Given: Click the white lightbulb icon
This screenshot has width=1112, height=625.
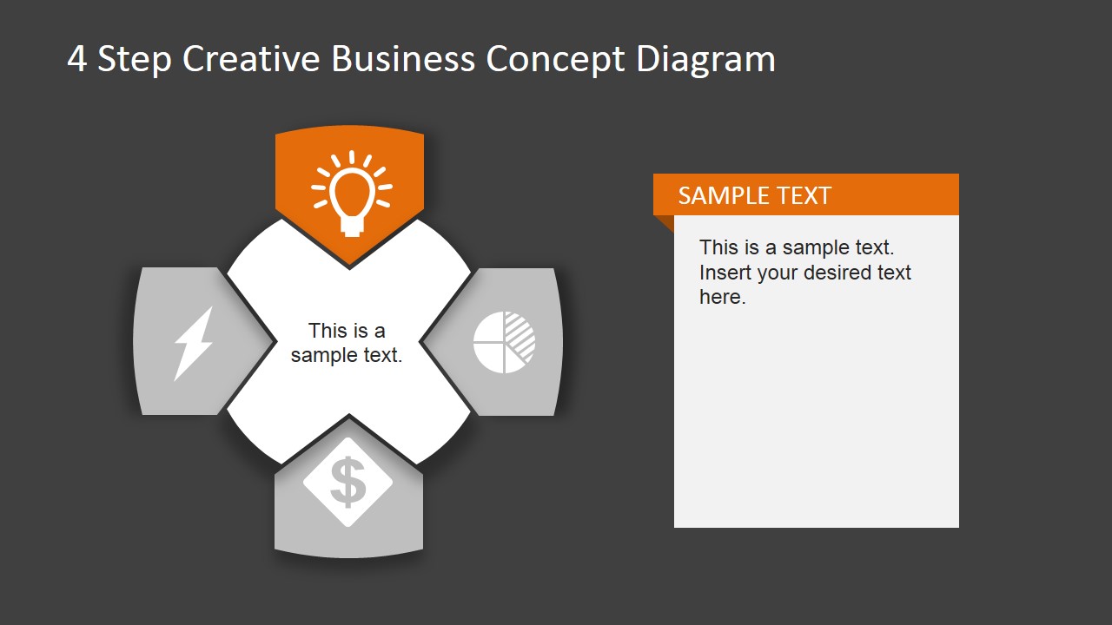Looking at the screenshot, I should click(x=351, y=193).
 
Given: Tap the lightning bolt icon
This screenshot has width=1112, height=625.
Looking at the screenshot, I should click(x=193, y=343).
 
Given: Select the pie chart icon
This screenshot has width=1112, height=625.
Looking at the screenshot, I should click(x=504, y=342).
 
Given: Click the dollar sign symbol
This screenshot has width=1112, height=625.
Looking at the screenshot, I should click(x=347, y=483).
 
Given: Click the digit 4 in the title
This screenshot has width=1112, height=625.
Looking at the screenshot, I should click(x=76, y=60).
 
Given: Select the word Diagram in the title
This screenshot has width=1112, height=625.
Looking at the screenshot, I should click(x=705, y=59).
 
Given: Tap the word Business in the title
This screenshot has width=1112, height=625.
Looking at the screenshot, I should click(x=403, y=59).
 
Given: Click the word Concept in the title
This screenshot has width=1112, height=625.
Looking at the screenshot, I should click(x=556, y=59).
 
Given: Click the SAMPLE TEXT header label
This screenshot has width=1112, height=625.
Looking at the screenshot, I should click(x=754, y=195).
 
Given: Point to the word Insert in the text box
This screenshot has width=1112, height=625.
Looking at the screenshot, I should click(x=725, y=273).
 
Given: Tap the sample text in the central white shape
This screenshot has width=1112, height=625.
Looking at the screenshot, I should click(x=347, y=343).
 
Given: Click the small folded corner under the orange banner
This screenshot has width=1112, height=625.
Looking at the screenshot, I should click(x=665, y=223).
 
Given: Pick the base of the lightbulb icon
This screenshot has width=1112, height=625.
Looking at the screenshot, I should click(x=351, y=227).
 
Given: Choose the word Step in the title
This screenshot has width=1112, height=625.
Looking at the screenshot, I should click(x=135, y=60).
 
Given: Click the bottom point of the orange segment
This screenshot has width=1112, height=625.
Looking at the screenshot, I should click(x=349, y=263).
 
